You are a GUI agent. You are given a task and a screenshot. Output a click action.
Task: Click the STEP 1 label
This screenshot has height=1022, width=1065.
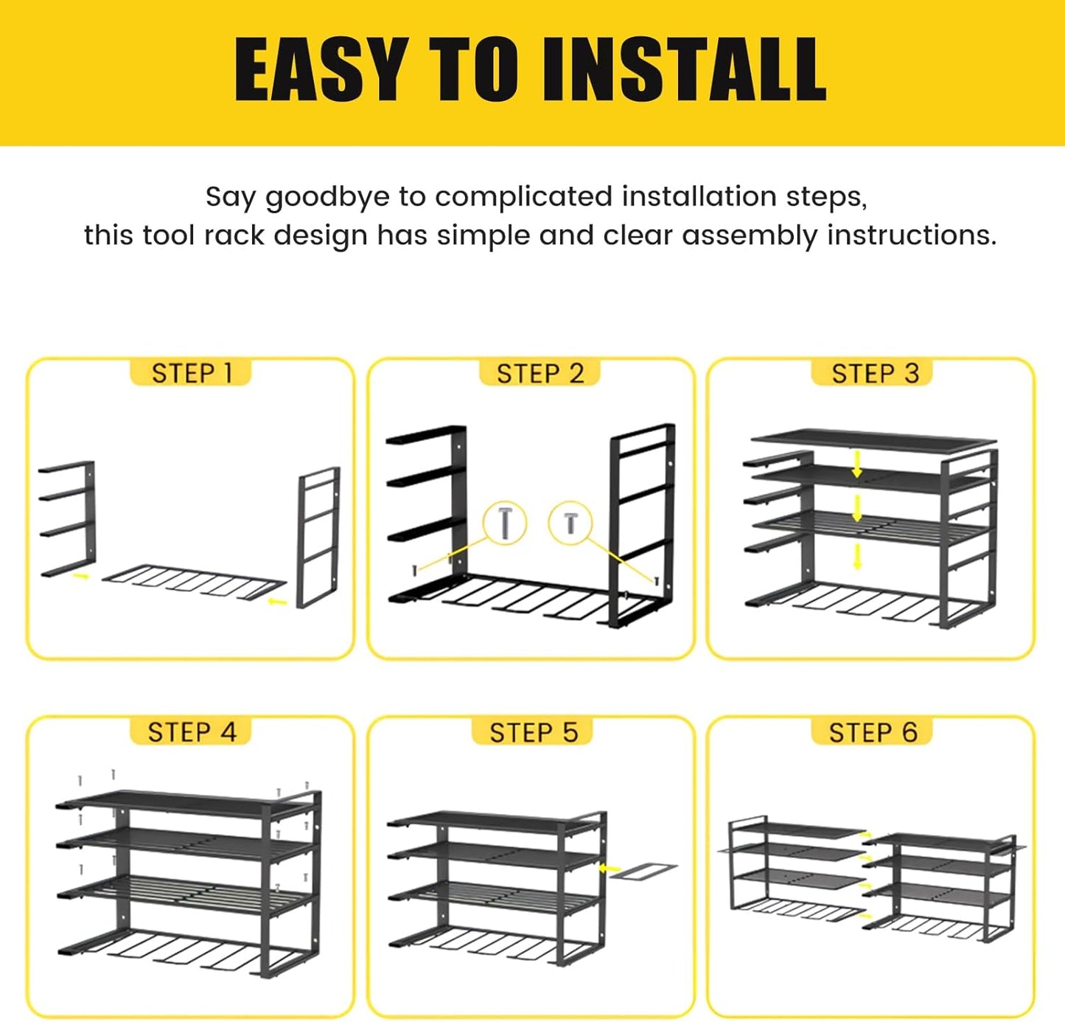[191, 374]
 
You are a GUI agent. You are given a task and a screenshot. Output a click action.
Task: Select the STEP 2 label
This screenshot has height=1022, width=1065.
[540, 374]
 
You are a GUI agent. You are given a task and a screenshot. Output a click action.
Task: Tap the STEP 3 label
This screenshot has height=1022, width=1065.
[875, 374]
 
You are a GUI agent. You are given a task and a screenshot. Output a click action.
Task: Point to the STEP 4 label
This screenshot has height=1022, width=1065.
[192, 732]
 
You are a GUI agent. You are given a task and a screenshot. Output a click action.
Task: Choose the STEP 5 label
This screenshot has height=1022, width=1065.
[534, 733]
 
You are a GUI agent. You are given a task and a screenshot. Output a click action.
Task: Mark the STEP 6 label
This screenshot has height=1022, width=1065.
[873, 733]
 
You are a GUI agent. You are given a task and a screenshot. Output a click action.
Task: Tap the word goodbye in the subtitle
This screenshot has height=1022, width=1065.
[327, 197]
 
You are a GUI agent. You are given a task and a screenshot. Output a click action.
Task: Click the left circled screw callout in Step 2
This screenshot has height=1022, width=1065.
[505, 523]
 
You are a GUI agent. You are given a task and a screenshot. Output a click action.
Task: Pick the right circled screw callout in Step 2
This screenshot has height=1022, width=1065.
[570, 523]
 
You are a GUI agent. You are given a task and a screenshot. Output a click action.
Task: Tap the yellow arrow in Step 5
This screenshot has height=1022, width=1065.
[610, 869]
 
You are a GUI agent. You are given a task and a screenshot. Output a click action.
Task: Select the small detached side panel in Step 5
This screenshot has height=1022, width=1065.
[643, 871]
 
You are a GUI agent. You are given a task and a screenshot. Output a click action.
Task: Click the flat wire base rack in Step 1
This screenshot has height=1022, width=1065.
[194, 582]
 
